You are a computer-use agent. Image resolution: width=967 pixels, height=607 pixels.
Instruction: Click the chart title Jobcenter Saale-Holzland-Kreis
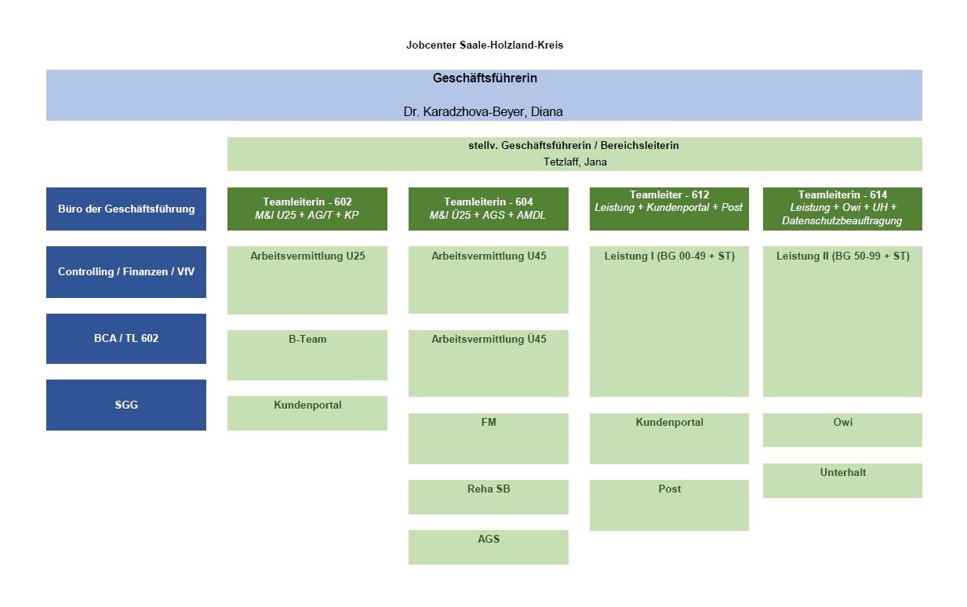[484, 45]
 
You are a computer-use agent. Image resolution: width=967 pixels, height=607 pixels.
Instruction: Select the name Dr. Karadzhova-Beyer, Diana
[483, 111]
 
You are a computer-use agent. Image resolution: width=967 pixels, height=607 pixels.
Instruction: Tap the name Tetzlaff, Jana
[574, 162]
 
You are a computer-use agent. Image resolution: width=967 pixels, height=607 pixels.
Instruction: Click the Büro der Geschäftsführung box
[126, 209]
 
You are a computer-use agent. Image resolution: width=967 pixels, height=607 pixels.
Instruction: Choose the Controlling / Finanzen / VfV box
[126, 272]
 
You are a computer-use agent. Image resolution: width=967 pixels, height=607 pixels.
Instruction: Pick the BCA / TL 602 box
[126, 338]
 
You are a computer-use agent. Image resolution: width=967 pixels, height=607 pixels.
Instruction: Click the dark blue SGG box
[126, 405]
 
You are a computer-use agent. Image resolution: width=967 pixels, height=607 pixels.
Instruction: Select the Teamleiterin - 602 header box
[307, 209]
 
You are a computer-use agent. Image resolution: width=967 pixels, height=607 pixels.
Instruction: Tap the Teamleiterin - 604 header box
[488, 209]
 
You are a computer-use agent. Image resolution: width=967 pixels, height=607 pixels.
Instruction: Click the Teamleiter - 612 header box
[669, 209]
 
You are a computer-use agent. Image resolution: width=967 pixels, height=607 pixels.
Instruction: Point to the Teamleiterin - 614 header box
[842, 209]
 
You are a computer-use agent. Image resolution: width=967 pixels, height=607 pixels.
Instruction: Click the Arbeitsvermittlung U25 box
[307, 280]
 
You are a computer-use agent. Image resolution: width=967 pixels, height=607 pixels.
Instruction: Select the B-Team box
[307, 354]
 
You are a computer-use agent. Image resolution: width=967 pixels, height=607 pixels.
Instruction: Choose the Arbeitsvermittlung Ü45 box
[488, 363]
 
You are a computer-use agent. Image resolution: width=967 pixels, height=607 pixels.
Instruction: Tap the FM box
[488, 438]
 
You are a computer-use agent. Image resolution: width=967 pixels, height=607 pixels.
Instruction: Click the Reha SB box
[488, 496]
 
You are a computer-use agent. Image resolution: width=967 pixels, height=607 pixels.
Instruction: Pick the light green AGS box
[488, 547]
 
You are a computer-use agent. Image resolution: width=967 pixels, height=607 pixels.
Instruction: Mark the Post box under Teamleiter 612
[669, 505]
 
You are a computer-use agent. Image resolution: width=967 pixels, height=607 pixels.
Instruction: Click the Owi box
[842, 430]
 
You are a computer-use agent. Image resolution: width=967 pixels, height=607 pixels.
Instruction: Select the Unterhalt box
[842, 480]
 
